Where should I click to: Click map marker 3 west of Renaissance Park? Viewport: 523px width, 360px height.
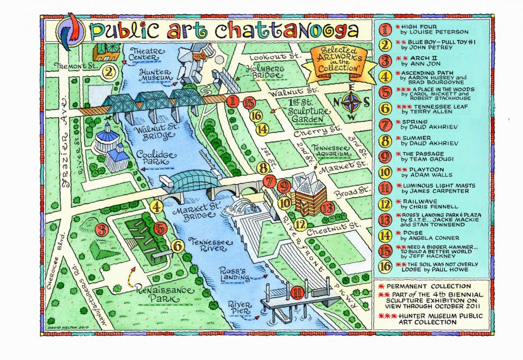click(x=101, y=230)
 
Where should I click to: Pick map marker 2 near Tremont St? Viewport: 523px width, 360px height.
click(x=108, y=71)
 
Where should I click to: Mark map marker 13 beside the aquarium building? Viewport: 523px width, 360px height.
click(x=327, y=207)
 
